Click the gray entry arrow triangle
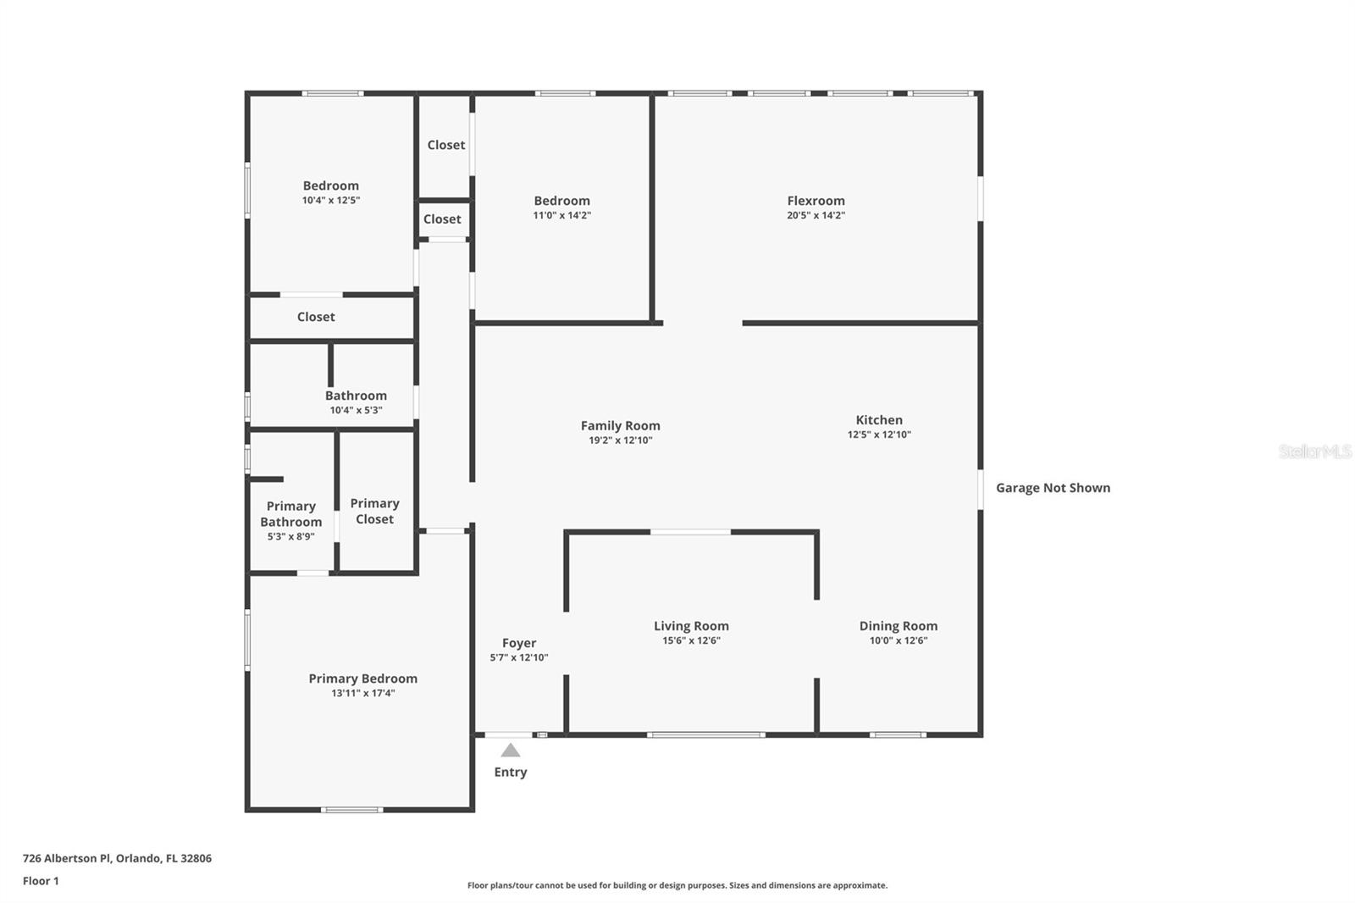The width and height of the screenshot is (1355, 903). click(x=510, y=751)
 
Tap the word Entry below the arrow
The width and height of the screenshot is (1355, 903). click(x=510, y=772)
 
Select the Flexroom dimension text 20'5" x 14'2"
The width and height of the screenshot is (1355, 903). click(x=816, y=215)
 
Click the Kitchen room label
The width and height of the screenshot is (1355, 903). click(x=879, y=420)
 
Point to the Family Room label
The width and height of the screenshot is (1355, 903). click(x=620, y=426)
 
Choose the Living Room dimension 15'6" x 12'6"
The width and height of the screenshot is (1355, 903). click(x=691, y=640)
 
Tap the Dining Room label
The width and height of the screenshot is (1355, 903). click(x=898, y=626)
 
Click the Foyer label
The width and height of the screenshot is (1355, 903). click(x=518, y=643)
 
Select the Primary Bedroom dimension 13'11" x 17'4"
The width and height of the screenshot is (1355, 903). click(x=362, y=693)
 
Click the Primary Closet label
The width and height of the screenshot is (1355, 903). click(x=374, y=511)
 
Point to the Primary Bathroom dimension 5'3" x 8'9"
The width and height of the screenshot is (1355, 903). click(x=290, y=536)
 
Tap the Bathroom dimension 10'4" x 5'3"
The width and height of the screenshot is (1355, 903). click(x=356, y=410)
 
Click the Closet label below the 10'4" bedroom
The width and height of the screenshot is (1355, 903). click(x=315, y=317)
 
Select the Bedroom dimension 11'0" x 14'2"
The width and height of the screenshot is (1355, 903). click(x=561, y=215)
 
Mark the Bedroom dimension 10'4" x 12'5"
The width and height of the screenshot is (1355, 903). click(x=330, y=200)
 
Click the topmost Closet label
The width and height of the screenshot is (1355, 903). click(x=445, y=145)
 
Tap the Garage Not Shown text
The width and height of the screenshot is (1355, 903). click(x=1053, y=488)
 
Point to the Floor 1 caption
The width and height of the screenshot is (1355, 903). click(x=41, y=881)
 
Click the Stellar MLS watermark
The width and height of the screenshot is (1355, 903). click(x=1314, y=451)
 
